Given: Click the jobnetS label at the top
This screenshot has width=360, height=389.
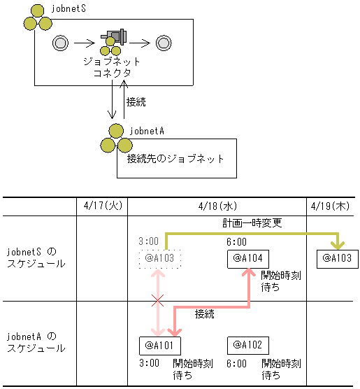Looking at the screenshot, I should pyautogui.click(x=69, y=8).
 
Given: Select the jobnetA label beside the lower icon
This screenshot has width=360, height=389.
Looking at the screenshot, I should pyautogui.click(x=147, y=130).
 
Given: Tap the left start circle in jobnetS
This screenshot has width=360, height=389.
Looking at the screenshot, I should pyautogui.click(x=60, y=43).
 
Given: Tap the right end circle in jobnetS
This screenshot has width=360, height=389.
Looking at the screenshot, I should pyautogui.click(x=164, y=43).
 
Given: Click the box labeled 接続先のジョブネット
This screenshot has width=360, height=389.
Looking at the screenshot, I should pyautogui.click(x=176, y=159).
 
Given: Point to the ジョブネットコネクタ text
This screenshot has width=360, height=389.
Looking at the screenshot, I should pyautogui.click(x=113, y=67).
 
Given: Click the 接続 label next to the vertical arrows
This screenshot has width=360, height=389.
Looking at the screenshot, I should pyautogui.click(x=136, y=102).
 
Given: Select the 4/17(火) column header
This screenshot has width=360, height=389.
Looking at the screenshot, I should pyautogui.click(x=102, y=206).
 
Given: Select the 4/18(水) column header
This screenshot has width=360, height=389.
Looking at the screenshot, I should pyautogui.click(x=217, y=206).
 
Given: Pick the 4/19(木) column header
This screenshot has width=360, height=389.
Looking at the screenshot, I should pyautogui.click(x=332, y=206).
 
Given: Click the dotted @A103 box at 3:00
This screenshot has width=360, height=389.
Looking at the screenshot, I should pyautogui.click(x=159, y=259).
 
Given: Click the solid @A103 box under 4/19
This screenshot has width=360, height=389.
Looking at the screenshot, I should pyautogui.click(x=336, y=258).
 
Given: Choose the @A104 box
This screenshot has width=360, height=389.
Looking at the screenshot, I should pyautogui.click(x=248, y=259).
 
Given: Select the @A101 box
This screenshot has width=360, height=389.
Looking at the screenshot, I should pyautogui.click(x=160, y=345).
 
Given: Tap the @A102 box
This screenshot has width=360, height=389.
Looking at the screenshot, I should pyautogui.click(x=248, y=345).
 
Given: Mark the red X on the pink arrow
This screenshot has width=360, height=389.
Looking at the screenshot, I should pyautogui.click(x=159, y=302).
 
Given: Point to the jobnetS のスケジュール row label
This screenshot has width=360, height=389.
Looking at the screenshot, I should pyautogui.click(x=35, y=257).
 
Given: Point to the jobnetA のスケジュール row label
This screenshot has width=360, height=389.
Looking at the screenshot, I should pyautogui.click(x=35, y=341).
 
